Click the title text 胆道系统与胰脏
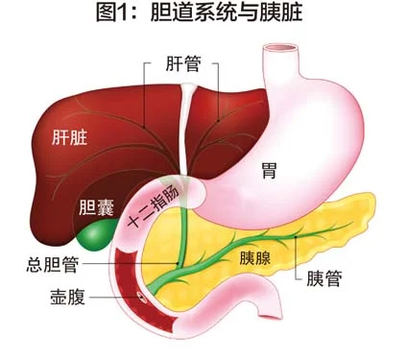[x=227, y=12]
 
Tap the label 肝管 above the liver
[x=183, y=63]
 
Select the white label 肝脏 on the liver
[x=70, y=138]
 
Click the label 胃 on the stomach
[x=268, y=171]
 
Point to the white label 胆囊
[x=96, y=207]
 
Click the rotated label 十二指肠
[x=155, y=207]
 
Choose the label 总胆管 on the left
[x=52, y=264]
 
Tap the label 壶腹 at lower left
[x=68, y=297]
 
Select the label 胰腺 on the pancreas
[x=255, y=258]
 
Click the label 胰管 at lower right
[x=324, y=278]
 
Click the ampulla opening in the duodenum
[x=140, y=297]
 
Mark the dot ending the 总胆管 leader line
[x=178, y=264]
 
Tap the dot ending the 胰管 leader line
[x=296, y=237]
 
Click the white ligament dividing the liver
[x=184, y=128]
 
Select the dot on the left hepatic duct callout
[x=144, y=127]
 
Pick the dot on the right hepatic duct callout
[x=219, y=121]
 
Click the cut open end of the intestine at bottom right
[x=271, y=318]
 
